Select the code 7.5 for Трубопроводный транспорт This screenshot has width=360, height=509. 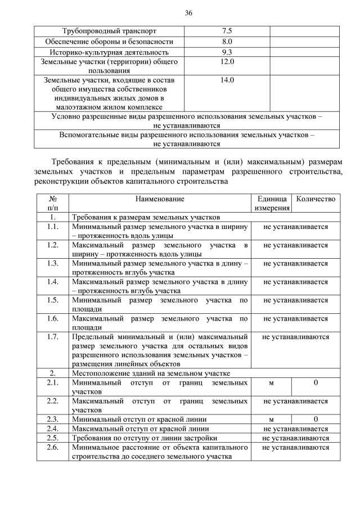click(227, 30)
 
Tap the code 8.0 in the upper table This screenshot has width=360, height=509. click(227, 41)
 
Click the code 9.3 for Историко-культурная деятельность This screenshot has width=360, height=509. click(227, 52)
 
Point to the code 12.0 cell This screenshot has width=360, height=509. click(227, 61)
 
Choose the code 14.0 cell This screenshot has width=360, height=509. click(227, 80)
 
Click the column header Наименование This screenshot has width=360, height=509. click(160, 199)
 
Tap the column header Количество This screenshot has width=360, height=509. click(316, 199)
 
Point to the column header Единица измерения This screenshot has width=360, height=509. click(272, 203)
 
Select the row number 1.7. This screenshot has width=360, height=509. click(53, 337)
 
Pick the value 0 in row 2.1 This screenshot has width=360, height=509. click(316, 382)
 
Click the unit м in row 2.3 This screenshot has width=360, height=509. click(271, 419)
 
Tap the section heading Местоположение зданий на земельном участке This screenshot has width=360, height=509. click(151, 373)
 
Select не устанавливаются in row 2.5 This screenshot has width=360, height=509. click(295, 438)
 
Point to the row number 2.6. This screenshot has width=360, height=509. click(53, 447)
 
